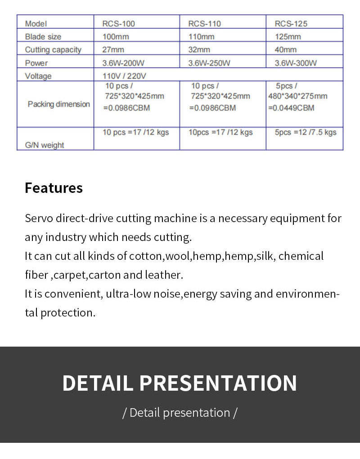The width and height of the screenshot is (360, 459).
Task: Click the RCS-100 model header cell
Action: click(x=119, y=23)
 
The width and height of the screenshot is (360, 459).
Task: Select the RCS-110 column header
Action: click(x=204, y=23)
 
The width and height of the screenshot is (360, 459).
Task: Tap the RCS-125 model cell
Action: click(x=291, y=23)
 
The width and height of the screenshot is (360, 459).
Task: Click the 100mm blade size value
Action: click(x=116, y=36)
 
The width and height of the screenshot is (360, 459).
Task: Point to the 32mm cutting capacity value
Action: click(x=198, y=49)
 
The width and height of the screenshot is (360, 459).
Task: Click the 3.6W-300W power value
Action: click(x=296, y=63)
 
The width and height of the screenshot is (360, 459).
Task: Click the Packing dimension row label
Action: click(x=58, y=104)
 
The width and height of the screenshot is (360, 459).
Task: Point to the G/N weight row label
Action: click(x=45, y=145)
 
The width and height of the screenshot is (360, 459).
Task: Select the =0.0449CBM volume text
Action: click(x=291, y=108)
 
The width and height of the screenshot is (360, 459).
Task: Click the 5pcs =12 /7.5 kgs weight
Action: click(x=306, y=132)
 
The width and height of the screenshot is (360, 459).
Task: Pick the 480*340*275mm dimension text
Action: click(x=298, y=96)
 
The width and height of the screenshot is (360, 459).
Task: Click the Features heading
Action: click(x=54, y=187)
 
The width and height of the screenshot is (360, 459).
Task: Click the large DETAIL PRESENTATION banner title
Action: click(x=180, y=383)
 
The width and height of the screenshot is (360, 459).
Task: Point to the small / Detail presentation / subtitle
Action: click(x=180, y=413)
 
